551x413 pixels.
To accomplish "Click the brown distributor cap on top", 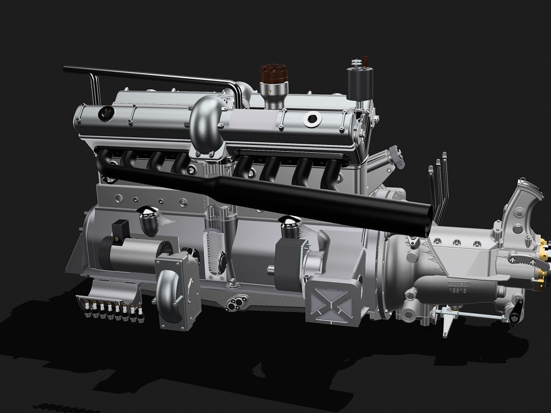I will [x=272, y=75].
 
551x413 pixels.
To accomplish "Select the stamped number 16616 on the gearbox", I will [x=459, y=289].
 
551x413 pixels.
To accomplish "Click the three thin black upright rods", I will [x=439, y=182].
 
